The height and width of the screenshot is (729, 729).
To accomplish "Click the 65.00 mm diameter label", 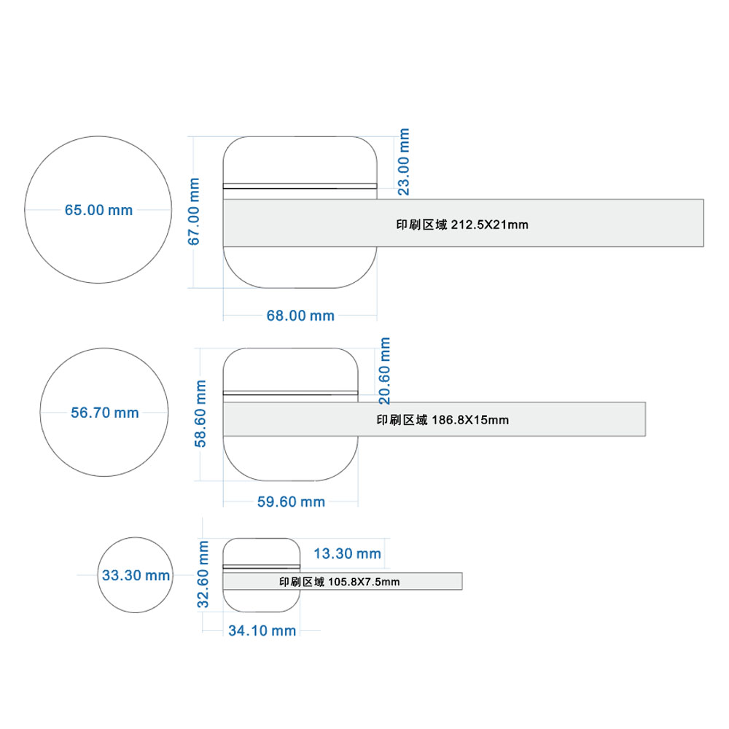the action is click(x=98, y=210).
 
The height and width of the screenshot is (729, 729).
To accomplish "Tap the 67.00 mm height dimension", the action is click(x=193, y=211).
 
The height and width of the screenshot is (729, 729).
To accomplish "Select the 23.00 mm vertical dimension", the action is click(x=404, y=162).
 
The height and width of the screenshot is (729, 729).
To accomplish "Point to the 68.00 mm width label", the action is click(x=300, y=316).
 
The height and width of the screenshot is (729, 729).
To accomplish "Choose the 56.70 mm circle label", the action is click(x=104, y=413).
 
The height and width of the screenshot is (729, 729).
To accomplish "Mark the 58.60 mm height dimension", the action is click(x=200, y=414).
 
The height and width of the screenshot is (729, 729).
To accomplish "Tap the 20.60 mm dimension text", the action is click(x=384, y=371).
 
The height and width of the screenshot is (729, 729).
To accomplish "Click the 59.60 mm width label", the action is click(x=291, y=502).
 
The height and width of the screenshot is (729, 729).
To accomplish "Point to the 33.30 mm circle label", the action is click(x=136, y=576).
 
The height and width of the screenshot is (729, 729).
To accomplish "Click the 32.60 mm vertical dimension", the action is click(x=203, y=574).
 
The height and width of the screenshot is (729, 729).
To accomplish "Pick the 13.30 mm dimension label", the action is click(x=347, y=554).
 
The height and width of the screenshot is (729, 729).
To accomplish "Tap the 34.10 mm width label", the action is click(x=262, y=631).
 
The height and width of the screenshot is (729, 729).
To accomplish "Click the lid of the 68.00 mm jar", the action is click(x=300, y=160).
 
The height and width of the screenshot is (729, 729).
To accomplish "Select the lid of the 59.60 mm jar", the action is click(x=291, y=370).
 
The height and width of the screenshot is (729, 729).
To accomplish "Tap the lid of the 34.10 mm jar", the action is click(x=261, y=552).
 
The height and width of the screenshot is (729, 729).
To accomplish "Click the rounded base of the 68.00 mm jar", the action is click(x=300, y=268).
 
